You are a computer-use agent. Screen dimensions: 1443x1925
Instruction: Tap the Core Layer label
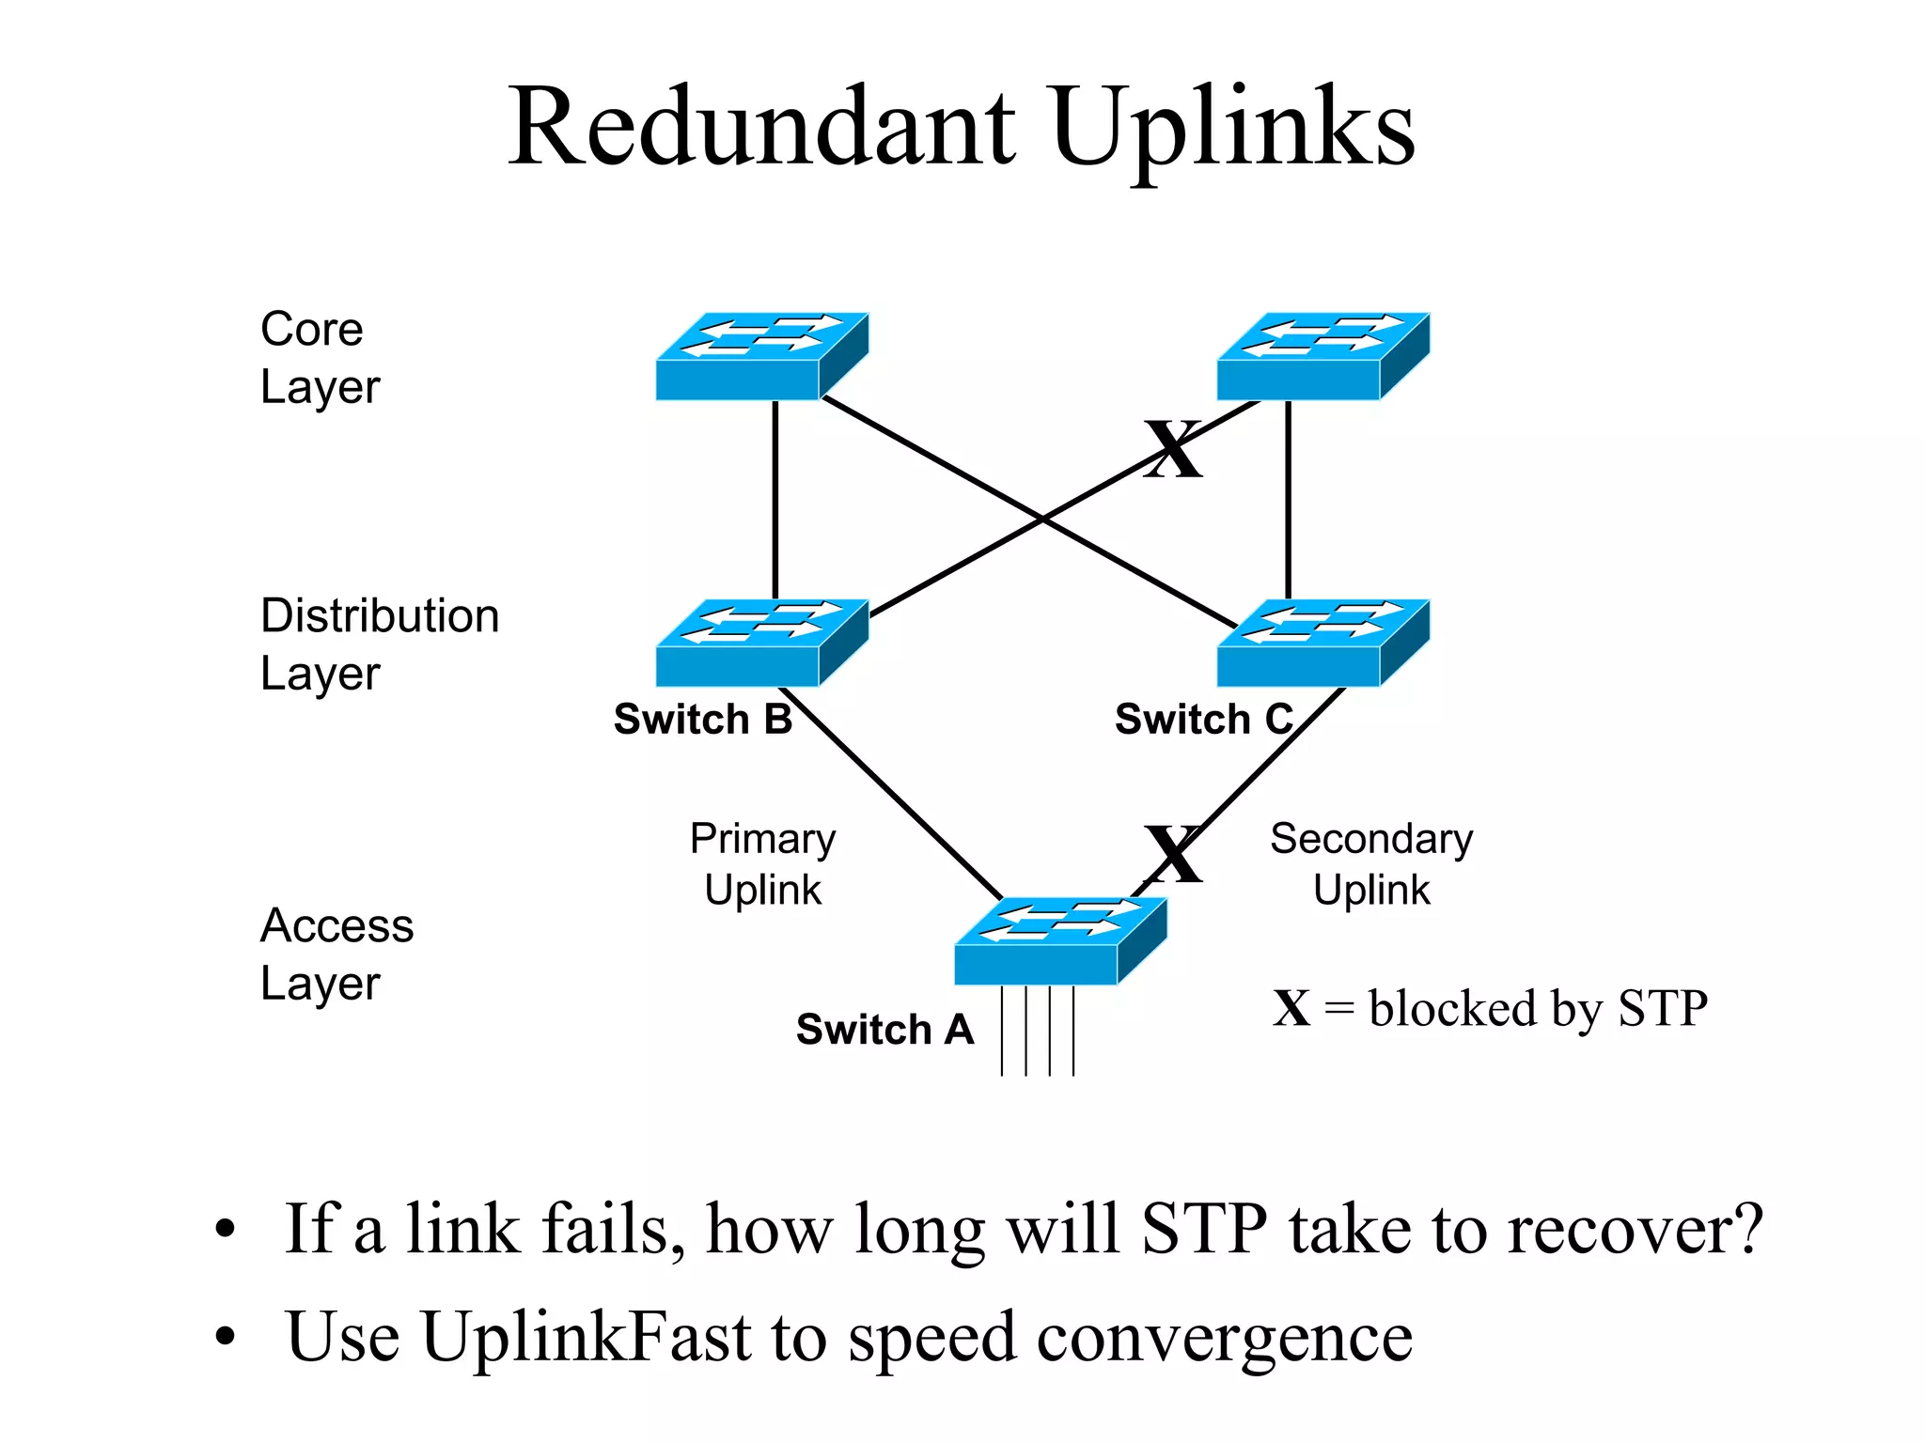(320, 358)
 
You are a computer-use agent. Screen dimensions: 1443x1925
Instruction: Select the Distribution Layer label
(379, 644)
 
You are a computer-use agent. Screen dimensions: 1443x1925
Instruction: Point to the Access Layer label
(336, 954)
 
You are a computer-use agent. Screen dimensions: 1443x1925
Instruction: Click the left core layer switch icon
(761, 357)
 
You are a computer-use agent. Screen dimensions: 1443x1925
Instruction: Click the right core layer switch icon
(1322, 357)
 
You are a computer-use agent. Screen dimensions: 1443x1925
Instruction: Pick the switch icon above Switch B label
(761, 644)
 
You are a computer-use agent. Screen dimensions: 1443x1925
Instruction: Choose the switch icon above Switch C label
(1322, 644)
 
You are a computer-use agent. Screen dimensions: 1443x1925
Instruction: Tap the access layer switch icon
(1060, 941)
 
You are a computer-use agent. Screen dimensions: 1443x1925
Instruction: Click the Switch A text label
(884, 1030)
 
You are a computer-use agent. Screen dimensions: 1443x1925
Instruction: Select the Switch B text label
(702, 720)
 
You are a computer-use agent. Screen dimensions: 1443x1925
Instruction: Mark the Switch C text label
(1203, 720)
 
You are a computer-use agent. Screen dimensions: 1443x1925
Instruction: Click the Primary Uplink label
(762, 863)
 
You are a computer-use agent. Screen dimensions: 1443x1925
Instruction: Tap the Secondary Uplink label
(1371, 863)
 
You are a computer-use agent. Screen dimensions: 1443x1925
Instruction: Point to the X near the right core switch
(1173, 449)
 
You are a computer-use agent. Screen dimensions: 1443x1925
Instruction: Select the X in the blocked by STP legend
(1291, 1009)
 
